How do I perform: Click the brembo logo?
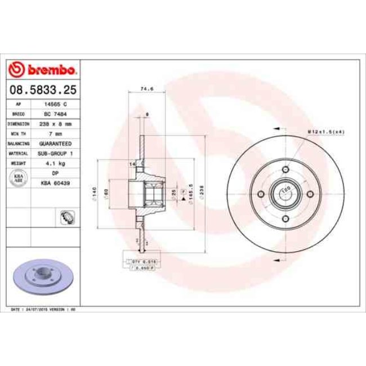tap(43, 70)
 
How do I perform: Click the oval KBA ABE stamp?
tap(18, 178)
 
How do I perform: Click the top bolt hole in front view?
tap(285, 171)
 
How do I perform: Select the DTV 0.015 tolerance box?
tap(137, 262)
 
